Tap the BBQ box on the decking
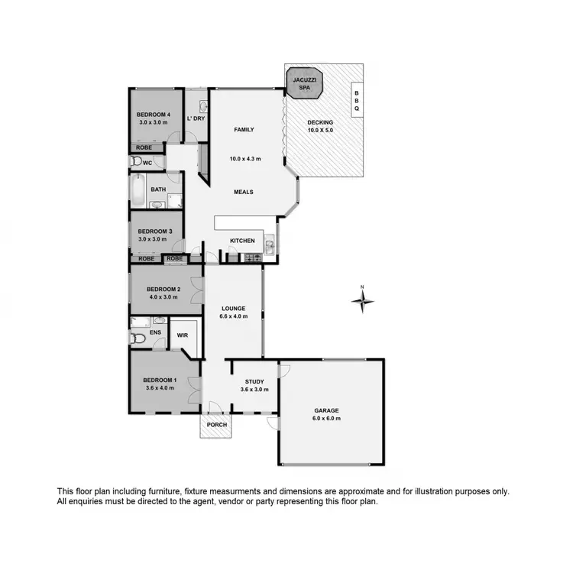(356, 101)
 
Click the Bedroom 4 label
(153, 115)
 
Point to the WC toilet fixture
(136, 162)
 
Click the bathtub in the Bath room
(138, 189)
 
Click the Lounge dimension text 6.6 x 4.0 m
(234, 316)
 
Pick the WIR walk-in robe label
(183, 335)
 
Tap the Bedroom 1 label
(159, 380)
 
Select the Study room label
(254, 381)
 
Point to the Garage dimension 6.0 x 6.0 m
(325, 419)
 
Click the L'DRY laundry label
(196, 118)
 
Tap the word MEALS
(244, 192)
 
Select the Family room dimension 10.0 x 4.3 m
(245, 159)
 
